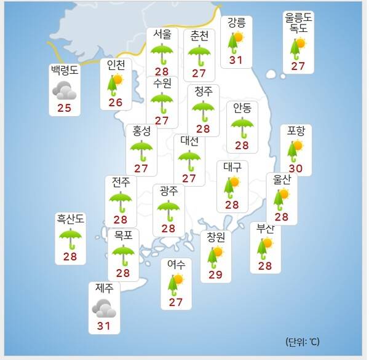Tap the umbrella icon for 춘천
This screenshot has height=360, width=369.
click(x=199, y=54)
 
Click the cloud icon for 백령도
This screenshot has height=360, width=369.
click(x=64, y=91)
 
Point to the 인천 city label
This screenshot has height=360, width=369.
click(x=116, y=65)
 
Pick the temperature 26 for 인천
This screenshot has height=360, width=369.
click(x=116, y=102)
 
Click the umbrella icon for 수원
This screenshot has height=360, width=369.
click(x=162, y=101)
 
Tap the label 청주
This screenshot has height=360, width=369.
click(x=203, y=91)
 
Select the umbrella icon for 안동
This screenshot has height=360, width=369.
click(x=242, y=127)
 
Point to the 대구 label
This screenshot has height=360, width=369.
click(x=233, y=166)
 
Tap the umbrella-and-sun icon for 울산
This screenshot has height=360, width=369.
click(x=282, y=198)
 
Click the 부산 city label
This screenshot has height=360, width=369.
click(x=266, y=229)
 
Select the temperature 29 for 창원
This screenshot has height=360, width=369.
click(x=215, y=274)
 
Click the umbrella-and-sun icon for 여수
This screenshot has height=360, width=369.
click(x=176, y=283)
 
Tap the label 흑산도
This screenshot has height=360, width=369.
click(x=70, y=218)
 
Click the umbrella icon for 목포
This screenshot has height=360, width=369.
click(x=124, y=254)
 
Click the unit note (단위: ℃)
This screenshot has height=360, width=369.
click(x=303, y=341)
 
